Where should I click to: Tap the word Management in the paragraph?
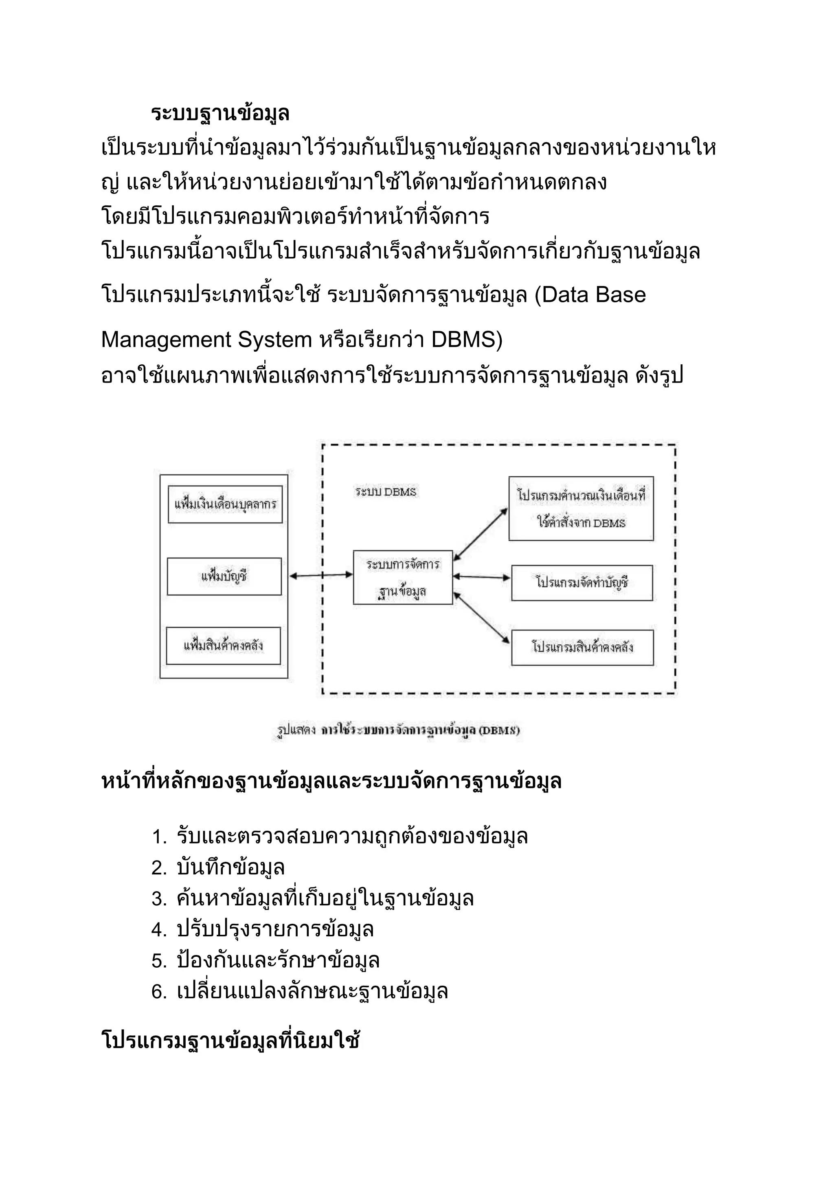coord(166,339)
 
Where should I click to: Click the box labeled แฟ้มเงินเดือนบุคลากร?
coord(225,504)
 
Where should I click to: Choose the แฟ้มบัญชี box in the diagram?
coord(224,576)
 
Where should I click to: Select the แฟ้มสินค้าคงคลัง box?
coord(224,645)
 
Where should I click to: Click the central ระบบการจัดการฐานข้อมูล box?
coord(403,577)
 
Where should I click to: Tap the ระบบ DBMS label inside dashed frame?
coord(385,492)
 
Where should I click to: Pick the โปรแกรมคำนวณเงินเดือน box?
coord(581,508)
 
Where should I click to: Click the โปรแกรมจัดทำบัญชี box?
coord(582,583)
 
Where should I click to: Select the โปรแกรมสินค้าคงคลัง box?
coord(582,647)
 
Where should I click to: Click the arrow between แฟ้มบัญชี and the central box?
coord(320,576)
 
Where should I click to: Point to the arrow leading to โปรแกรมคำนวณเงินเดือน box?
coord(480,534)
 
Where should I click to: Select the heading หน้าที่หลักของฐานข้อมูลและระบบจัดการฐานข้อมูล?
coord(331,782)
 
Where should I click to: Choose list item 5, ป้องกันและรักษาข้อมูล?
coord(277,960)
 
